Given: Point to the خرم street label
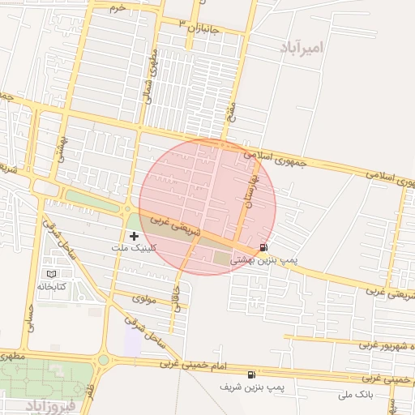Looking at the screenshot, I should [118, 7].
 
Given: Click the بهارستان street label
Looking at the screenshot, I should [250, 191].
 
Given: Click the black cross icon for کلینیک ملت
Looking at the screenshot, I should [134, 236].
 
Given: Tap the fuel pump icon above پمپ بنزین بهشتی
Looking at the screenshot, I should [263, 247].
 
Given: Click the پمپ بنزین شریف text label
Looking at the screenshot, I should [253, 387].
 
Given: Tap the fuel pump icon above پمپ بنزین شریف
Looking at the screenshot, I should [252, 374].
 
